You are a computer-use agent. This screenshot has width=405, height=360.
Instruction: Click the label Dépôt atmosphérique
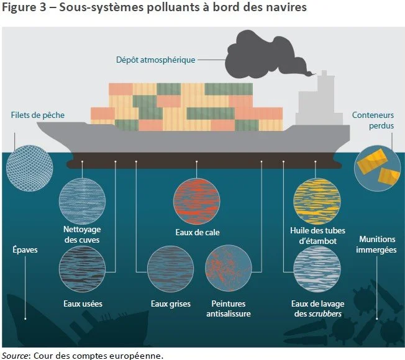[155, 60]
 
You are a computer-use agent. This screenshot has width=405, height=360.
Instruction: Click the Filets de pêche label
[37, 115]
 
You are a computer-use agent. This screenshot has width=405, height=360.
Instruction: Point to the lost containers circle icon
[376, 165]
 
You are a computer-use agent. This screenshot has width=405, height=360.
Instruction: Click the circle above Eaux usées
[81, 269]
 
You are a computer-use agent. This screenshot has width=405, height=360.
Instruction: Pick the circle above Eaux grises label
[170, 269]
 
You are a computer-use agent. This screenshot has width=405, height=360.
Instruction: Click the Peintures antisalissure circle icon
[228, 269]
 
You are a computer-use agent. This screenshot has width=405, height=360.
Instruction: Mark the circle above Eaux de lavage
[316, 269]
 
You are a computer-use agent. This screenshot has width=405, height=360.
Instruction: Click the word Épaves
[25, 250]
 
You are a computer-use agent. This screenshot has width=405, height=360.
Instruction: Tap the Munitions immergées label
[378, 245]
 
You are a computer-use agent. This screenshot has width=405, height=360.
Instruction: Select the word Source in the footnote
[15, 355]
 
